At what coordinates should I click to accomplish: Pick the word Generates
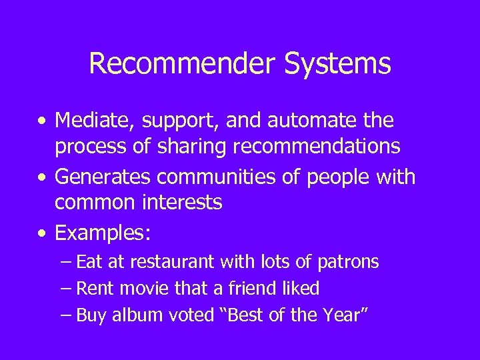click(x=100, y=178)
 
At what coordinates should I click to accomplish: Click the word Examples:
click(x=103, y=234)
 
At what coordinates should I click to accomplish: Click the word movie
click(x=136, y=289)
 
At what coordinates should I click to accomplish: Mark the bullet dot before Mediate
click(x=43, y=123)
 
